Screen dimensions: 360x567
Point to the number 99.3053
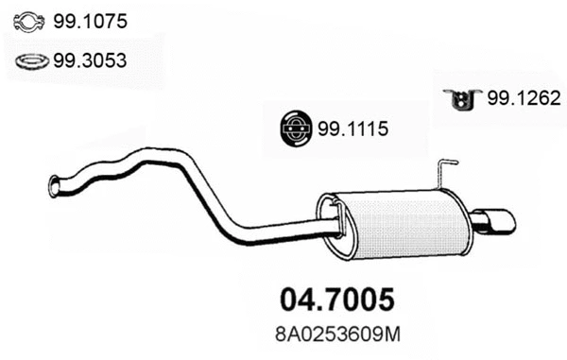93,61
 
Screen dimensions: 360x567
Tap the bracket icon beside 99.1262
463,99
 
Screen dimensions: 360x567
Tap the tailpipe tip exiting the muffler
496,222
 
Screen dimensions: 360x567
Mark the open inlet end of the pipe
54,185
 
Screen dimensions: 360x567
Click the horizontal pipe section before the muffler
283,230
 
